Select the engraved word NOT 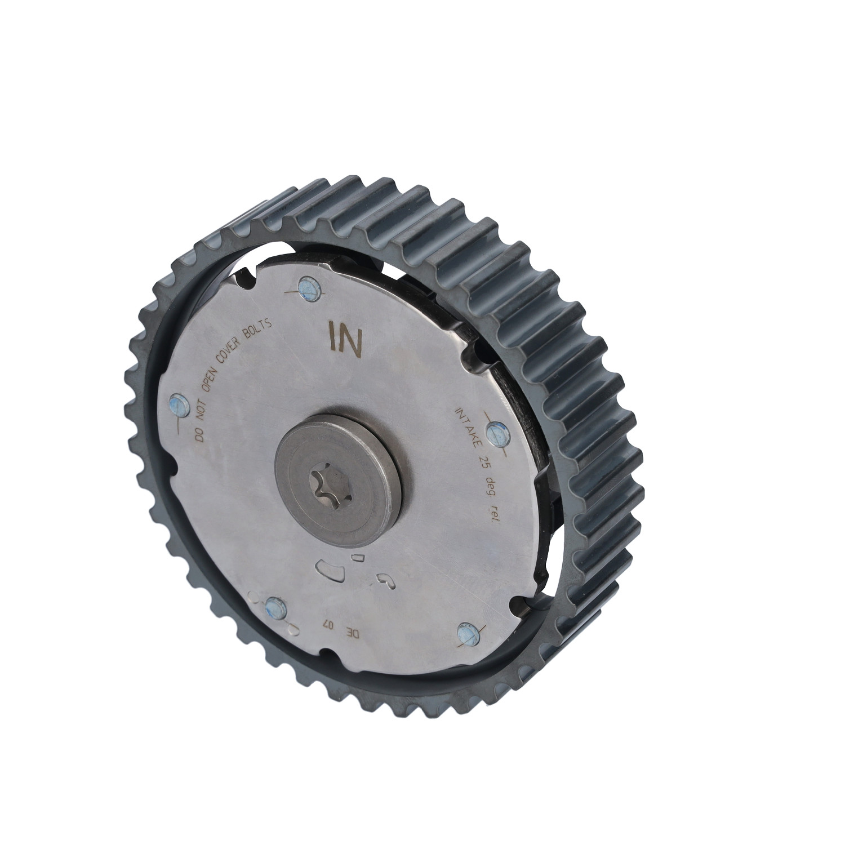[x=206, y=410]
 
